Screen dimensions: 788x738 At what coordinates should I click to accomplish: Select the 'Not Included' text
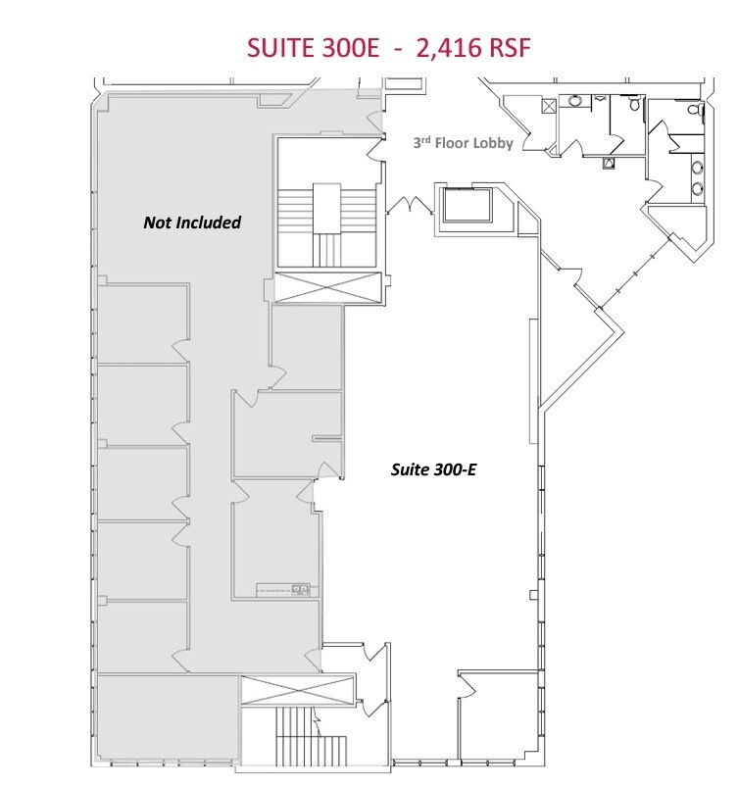tap(191, 222)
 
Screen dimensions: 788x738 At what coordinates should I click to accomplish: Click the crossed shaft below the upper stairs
tap(326, 290)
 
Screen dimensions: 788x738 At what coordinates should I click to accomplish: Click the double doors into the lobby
tap(410, 205)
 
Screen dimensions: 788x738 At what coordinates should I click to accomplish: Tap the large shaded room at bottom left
tap(167, 717)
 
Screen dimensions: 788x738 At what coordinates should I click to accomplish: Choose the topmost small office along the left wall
tap(143, 323)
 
